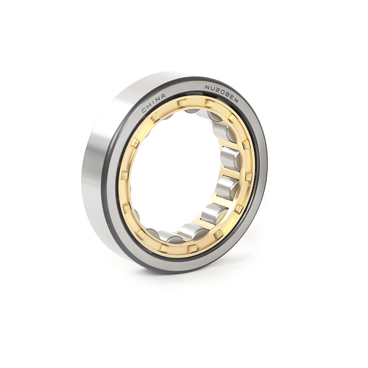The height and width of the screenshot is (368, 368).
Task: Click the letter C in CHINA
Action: tap(144, 110)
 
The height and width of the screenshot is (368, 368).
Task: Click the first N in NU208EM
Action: tap(208, 87)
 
